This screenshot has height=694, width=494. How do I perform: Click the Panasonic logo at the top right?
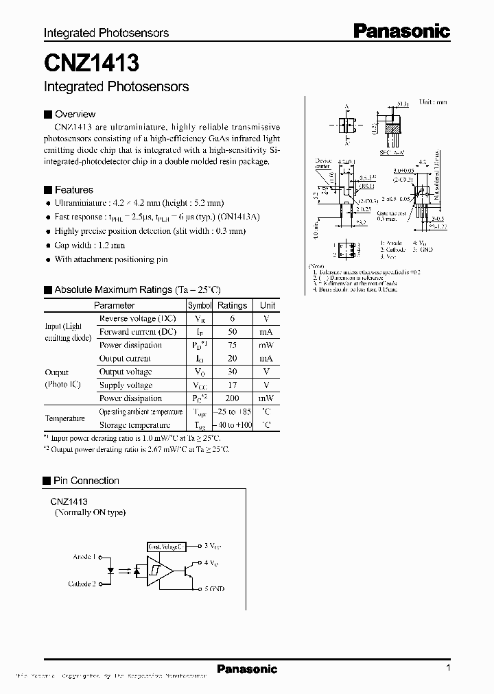click(x=401, y=30)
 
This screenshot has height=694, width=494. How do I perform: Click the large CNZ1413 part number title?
click(x=91, y=64)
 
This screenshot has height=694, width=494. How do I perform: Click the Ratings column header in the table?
click(x=233, y=306)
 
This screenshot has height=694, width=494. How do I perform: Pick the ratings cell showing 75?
click(x=233, y=346)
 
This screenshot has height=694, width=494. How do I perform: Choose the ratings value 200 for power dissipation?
click(x=233, y=398)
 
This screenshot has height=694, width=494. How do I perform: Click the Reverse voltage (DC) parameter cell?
click(x=137, y=319)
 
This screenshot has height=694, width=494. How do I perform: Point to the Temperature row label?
click(x=65, y=418)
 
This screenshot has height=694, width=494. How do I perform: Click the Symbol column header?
click(x=200, y=306)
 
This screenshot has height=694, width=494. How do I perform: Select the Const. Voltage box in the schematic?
click(x=166, y=547)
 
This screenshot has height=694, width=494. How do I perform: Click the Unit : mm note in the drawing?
click(x=433, y=101)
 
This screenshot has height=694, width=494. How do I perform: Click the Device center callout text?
click(x=322, y=165)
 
